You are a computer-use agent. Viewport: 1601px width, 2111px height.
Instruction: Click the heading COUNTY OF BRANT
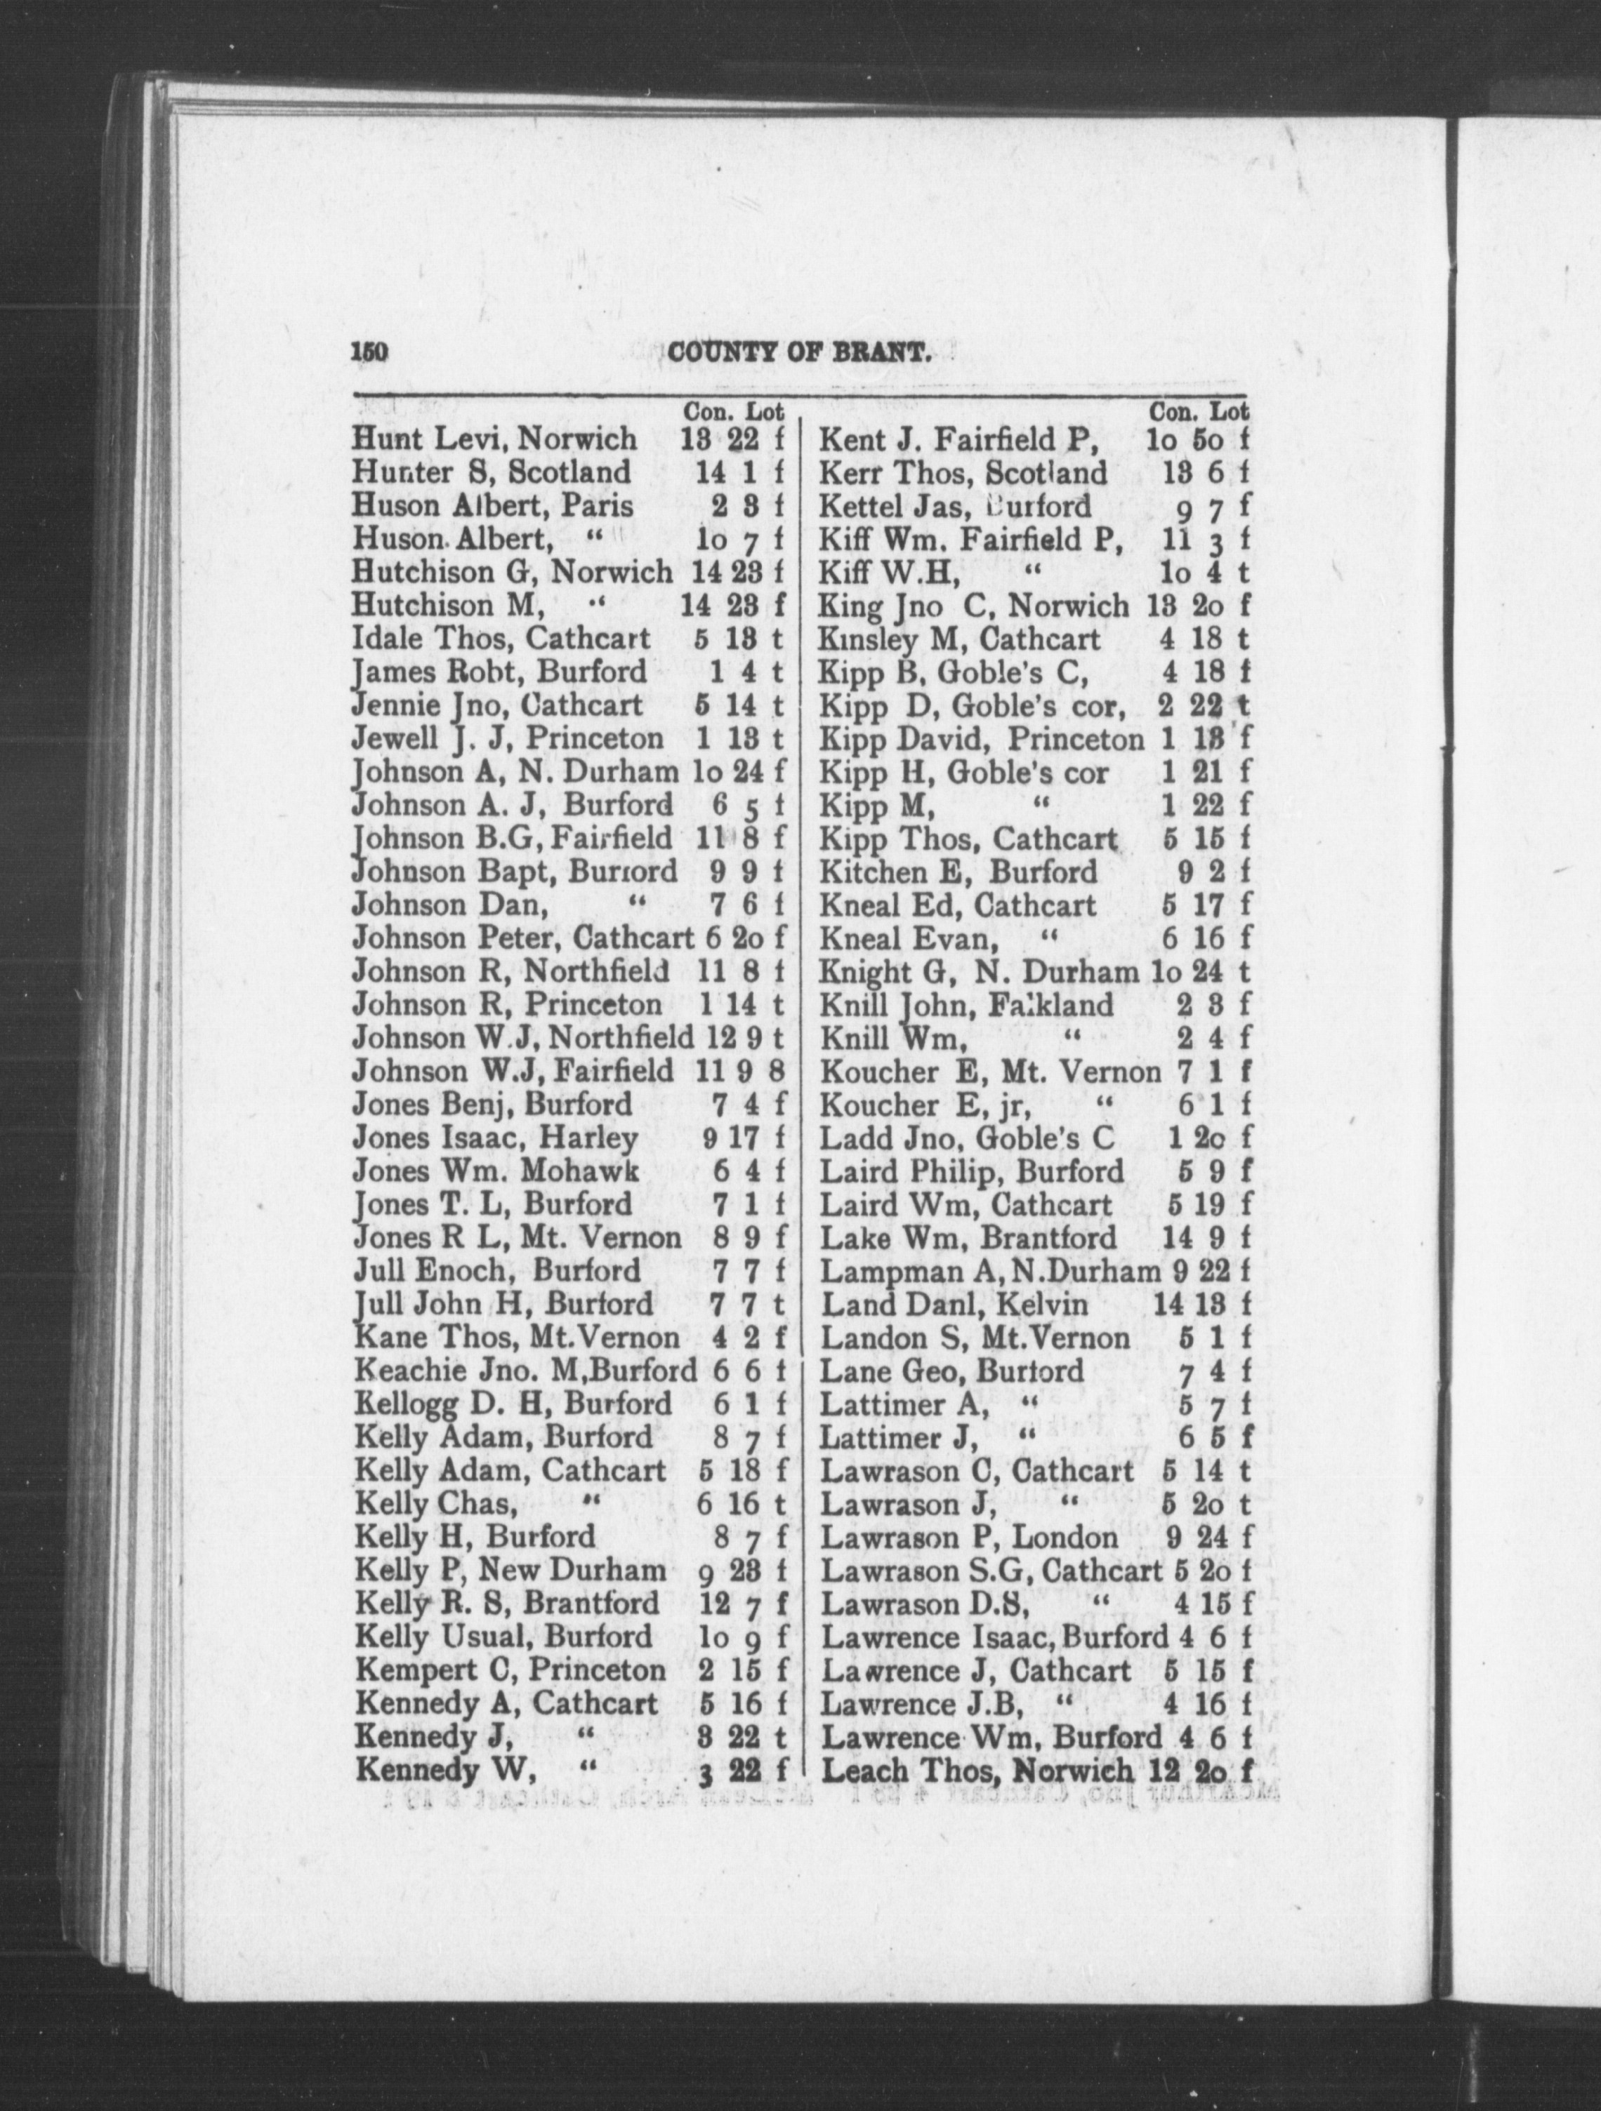(x=800, y=355)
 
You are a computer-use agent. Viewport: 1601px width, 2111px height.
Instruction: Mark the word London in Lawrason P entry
(x=1065, y=1538)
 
